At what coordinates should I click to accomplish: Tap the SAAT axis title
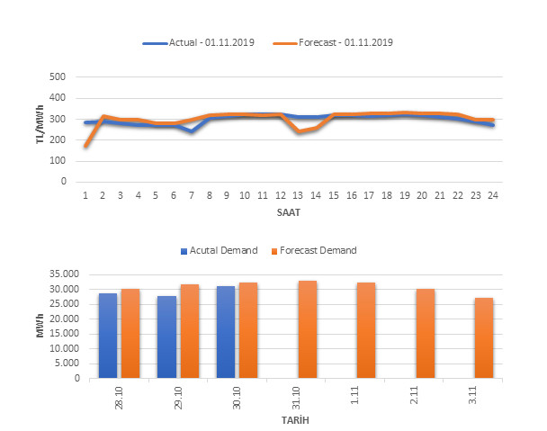tap(290, 214)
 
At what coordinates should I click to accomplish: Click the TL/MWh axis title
tap(39, 129)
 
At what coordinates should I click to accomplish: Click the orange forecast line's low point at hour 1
tap(85, 146)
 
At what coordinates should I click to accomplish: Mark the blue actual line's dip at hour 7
tap(191, 131)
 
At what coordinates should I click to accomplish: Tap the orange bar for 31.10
tap(308, 329)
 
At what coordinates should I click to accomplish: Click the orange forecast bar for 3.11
tap(484, 337)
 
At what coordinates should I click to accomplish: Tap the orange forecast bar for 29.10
tap(189, 331)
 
